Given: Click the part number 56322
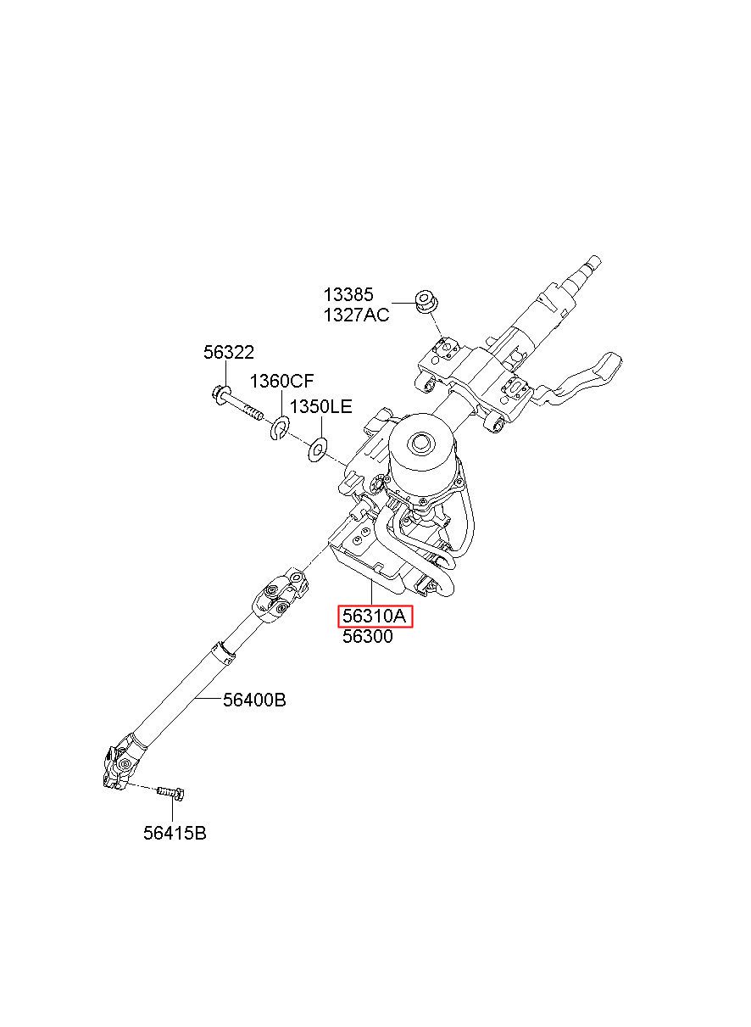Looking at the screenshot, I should pyautogui.click(x=228, y=353).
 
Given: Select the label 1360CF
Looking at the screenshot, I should pyautogui.click(x=281, y=381).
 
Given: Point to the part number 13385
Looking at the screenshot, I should pyautogui.click(x=348, y=295).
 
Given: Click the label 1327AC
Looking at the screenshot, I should pyautogui.click(x=355, y=315).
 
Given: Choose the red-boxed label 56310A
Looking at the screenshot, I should pyautogui.click(x=375, y=617).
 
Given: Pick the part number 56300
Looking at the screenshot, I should pyautogui.click(x=367, y=637).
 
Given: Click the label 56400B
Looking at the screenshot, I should pyautogui.click(x=254, y=700).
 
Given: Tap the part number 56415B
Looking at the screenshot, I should pyautogui.click(x=175, y=834).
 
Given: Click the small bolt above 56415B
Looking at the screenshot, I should pyautogui.click(x=170, y=792).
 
